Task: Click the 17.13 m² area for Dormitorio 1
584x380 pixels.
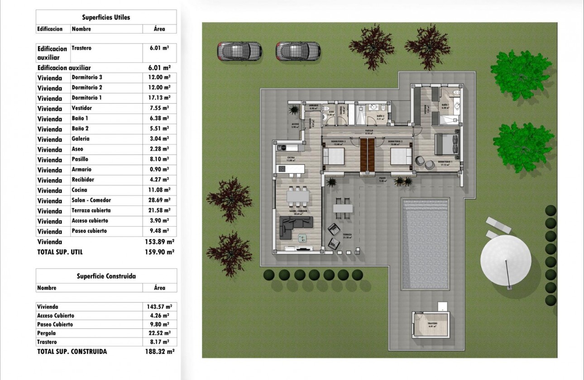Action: (x=160, y=98)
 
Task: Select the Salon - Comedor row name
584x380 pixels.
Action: (x=91, y=200)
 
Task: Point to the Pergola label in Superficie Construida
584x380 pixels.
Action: (x=47, y=333)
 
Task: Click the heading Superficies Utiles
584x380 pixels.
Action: (x=106, y=18)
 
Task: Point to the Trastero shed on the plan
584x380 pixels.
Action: (x=431, y=325)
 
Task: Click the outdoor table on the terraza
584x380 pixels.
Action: (x=343, y=208)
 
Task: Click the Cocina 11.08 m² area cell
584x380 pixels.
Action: (x=160, y=190)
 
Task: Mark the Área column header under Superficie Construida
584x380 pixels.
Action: (x=160, y=288)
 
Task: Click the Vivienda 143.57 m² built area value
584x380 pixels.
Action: (x=160, y=307)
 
